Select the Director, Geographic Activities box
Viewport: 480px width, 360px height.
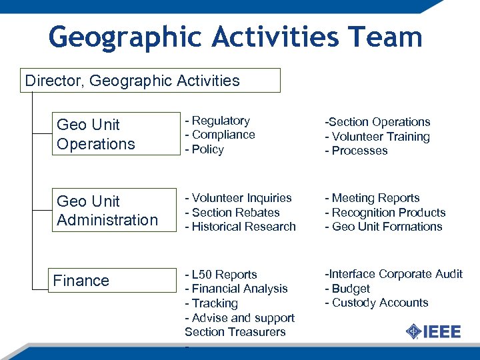151,81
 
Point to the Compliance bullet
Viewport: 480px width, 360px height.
220,135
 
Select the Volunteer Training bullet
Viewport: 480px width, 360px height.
377,137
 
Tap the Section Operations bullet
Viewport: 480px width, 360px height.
377,122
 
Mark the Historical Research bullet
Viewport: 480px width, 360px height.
241,227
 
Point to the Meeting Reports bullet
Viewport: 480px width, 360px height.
372,198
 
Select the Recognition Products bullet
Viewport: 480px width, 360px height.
385,213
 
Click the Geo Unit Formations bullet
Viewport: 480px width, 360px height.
383,227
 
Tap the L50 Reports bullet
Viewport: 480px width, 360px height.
221,275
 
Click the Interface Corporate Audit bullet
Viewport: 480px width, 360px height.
393,274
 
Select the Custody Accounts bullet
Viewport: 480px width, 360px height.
377,303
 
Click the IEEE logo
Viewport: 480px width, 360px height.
433,331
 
